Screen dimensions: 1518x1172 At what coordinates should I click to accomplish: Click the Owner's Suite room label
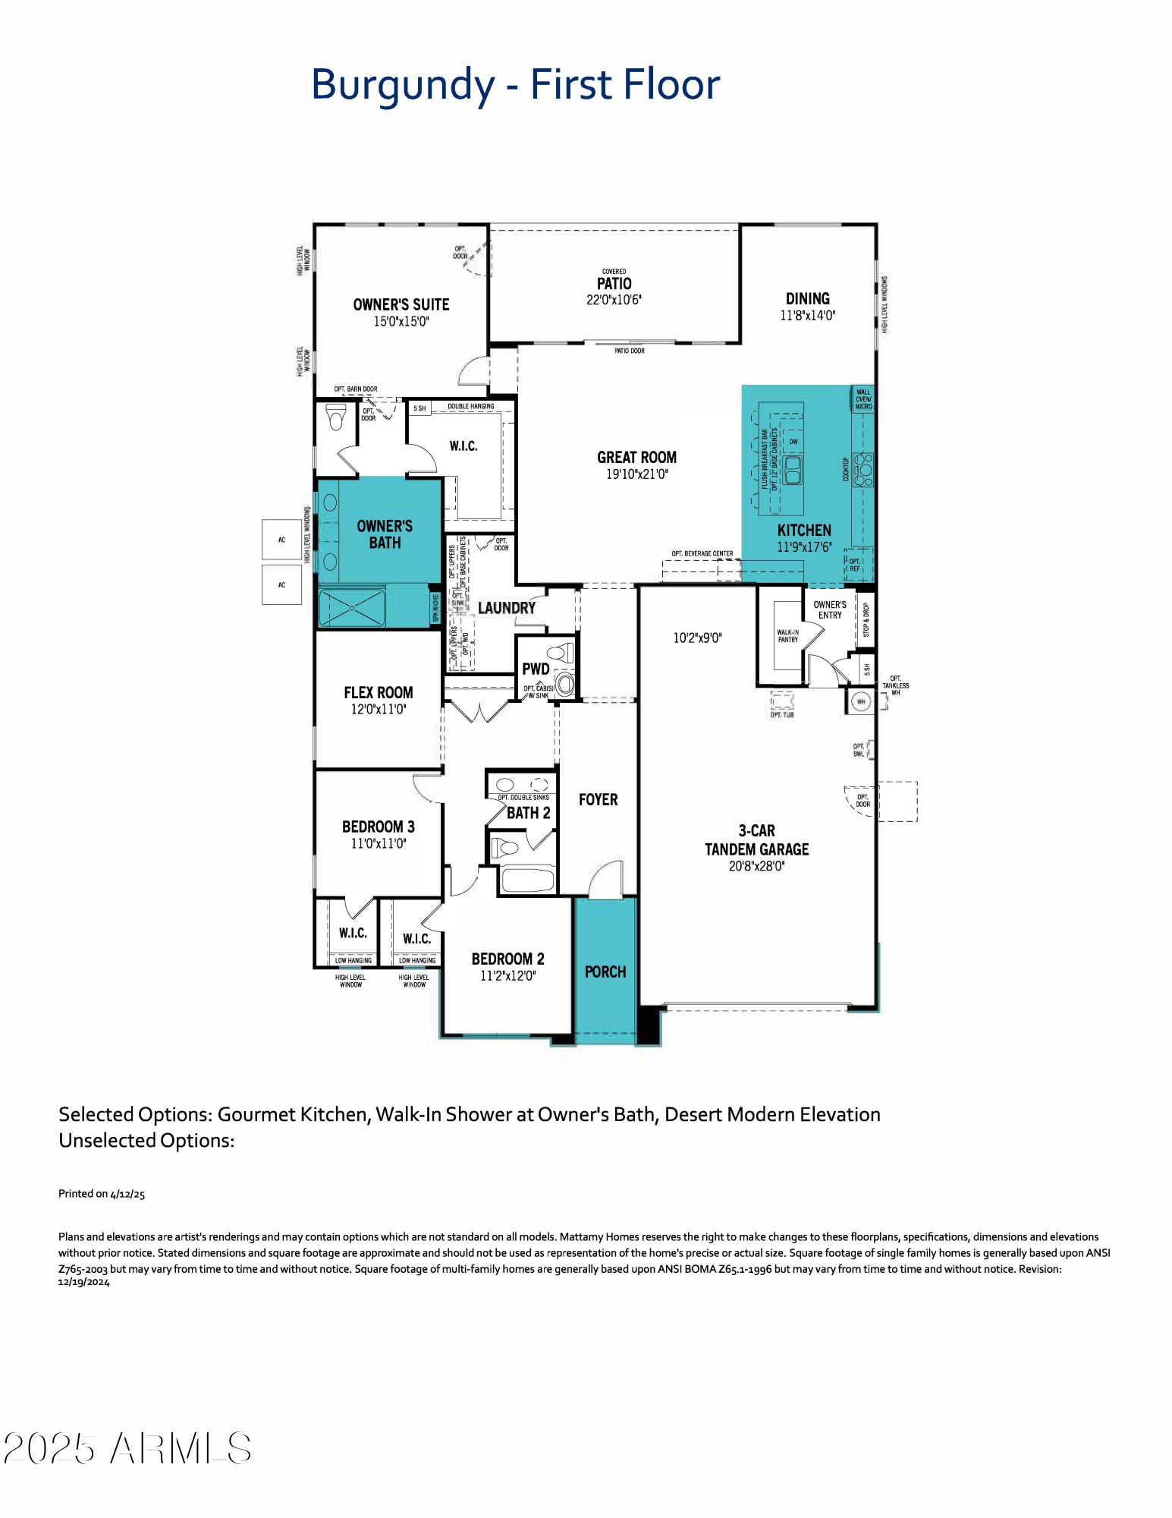pos(401,304)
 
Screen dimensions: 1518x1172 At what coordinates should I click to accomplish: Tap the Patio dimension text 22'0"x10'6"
pos(614,300)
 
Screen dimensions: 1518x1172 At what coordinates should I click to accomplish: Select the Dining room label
pos(807,299)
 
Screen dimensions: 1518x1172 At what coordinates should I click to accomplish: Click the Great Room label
pos(636,458)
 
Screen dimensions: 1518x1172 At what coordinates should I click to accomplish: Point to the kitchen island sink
pos(793,471)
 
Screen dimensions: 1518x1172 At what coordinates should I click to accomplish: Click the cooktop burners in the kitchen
pos(863,470)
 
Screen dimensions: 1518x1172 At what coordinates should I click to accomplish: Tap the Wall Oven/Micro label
pos(863,399)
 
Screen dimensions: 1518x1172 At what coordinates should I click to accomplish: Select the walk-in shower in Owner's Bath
pos(352,608)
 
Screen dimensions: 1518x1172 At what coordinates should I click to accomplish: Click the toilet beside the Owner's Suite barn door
pos(336,417)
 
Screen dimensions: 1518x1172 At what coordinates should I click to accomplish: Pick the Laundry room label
pos(506,608)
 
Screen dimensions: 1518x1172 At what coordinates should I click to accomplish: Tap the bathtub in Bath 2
pos(528,880)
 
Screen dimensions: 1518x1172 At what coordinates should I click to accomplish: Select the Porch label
pos(605,972)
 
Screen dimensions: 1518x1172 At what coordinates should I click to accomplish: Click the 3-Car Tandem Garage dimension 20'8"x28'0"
pos(756,866)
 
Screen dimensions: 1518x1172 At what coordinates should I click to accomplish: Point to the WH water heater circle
pos(861,701)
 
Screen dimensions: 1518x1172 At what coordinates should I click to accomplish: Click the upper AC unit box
pos(281,540)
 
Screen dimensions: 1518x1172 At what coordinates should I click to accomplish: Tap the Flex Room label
pos(379,692)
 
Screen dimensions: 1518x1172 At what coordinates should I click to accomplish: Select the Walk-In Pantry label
pos(787,636)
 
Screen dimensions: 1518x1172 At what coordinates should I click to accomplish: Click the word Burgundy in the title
pos(403,85)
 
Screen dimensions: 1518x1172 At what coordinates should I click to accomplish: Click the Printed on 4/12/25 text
pos(102,1194)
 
